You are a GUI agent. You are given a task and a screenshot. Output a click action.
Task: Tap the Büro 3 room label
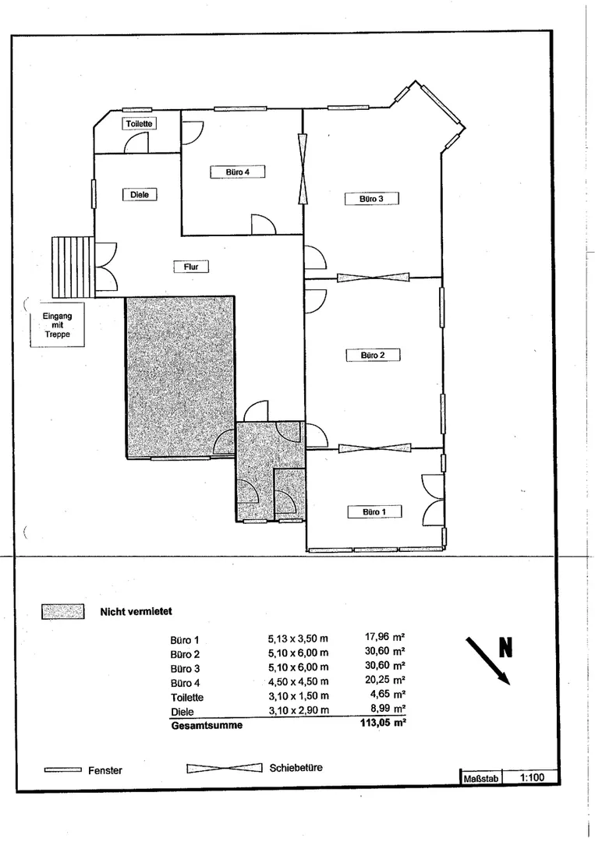[372, 199]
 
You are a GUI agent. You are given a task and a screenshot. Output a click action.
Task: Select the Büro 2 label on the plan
[373, 355]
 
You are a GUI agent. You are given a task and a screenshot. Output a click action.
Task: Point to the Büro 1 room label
[374, 511]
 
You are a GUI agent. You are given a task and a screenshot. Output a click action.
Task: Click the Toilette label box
[139, 123]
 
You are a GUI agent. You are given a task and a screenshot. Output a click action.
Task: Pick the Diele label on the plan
[140, 194]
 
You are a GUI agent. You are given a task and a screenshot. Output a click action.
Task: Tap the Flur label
[191, 266]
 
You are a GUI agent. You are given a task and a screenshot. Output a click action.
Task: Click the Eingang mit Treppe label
[58, 325]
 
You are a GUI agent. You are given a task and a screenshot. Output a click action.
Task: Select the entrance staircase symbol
[73, 267]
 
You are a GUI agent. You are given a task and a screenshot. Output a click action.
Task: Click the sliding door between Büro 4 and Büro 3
[304, 168]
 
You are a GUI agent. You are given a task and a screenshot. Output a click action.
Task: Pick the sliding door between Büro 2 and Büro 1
[375, 448]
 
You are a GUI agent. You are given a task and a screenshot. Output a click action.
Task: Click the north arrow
[487, 660]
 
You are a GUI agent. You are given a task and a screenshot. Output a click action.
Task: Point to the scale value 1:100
[532, 777]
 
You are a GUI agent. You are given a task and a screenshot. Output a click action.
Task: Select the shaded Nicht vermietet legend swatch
[63, 612]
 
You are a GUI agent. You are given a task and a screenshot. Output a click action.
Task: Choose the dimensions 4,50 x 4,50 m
[299, 681]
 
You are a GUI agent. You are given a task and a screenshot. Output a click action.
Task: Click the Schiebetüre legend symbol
[225, 769]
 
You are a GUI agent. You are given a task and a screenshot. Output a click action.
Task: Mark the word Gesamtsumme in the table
[207, 725]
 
